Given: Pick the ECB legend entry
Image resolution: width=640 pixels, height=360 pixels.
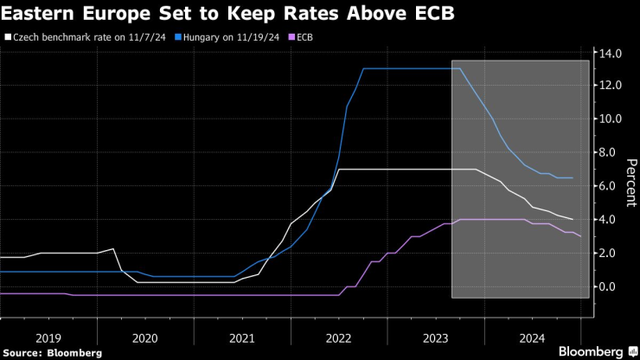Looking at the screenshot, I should click(x=304, y=38).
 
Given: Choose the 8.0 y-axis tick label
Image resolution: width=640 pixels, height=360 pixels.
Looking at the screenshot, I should click(x=611, y=152).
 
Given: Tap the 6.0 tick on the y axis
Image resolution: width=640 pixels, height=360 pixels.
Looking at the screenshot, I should click(x=611, y=186).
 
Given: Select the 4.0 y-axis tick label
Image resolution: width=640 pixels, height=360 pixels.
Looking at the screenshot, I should click(x=611, y=220).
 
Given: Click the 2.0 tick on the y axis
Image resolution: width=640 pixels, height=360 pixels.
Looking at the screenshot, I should click(x=611, y=253).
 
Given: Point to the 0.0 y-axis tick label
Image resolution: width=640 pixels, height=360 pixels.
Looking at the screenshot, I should click(x=611, y=286).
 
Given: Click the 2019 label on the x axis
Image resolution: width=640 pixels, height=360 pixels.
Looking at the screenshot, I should click(x=48, y=339).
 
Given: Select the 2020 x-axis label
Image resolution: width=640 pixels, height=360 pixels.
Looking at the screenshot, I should click(x=145, y=339).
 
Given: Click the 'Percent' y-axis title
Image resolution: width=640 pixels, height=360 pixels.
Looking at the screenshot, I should click(x=630, y=181).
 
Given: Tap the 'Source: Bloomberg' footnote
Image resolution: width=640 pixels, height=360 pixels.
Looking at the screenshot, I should click(x=52, y=352).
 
